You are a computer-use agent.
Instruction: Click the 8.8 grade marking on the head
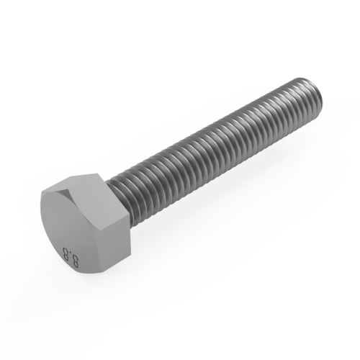pos(71,257)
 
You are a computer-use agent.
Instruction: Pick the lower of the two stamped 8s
pos(74,262)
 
